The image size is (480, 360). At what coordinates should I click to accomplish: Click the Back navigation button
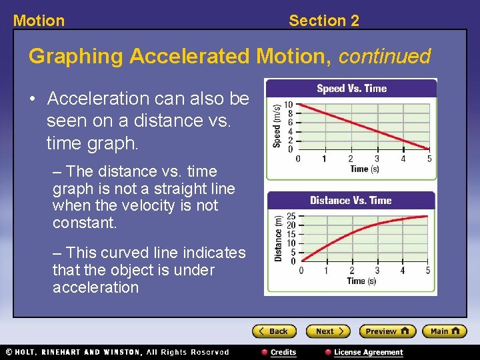273,331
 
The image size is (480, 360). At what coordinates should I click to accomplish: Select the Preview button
387,331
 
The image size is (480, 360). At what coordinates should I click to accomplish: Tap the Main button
445,331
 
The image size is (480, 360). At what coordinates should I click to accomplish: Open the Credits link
279,352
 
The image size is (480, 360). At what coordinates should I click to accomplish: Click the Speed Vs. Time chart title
351,89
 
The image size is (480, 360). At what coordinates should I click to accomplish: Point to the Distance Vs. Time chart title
351,200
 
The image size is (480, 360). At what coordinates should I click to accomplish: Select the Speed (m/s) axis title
277,126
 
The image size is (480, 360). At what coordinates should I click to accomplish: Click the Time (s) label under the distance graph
361,281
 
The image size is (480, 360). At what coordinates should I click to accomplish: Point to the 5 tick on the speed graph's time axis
429,159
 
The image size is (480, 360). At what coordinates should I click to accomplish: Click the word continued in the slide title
385,57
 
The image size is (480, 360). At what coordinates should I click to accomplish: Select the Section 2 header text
323,21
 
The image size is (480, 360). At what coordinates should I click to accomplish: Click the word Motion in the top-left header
39,21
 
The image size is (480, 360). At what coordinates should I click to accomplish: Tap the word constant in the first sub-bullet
84,223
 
